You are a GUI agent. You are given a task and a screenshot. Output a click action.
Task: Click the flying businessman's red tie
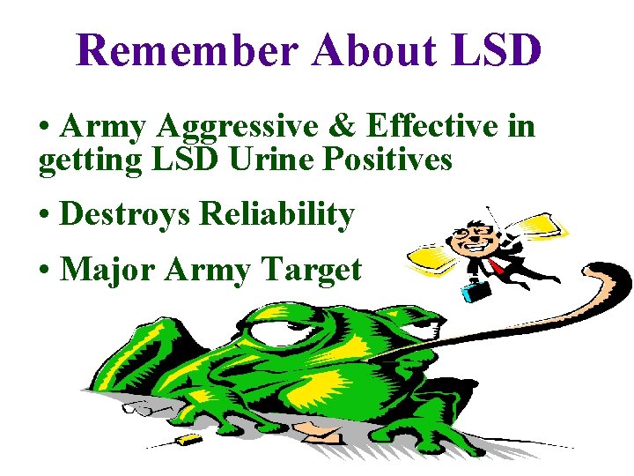[x=497, y=265]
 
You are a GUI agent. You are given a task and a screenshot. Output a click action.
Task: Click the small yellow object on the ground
[x=188, y=438]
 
